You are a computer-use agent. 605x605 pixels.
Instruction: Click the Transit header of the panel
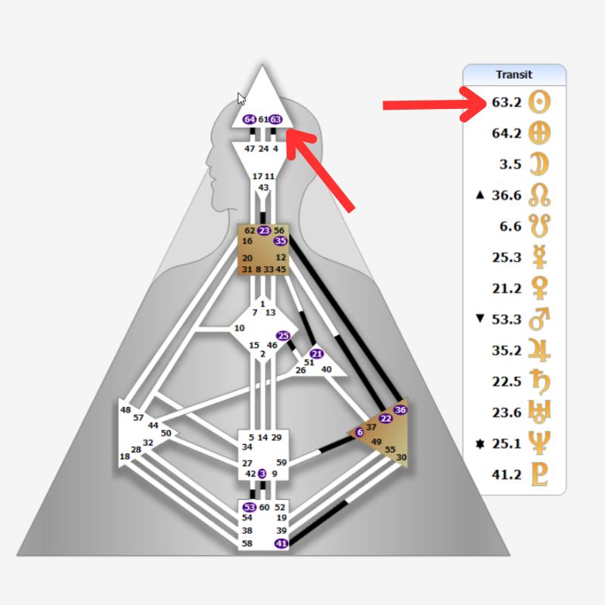pyautogui.click(x=514, y=74)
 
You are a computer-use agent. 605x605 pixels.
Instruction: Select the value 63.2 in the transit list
pyautogui.click(x=506, y=101)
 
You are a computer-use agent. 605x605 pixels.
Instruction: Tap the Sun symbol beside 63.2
pyautogui.click(x=539, y=101)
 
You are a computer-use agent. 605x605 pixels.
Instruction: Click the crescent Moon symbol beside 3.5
pyautogui.click(x=539, y=164)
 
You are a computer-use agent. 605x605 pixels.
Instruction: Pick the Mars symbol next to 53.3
pyautogui.click(x=539, y=318)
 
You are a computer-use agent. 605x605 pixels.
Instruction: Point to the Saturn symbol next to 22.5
pyautogui.click(x=539, y=380)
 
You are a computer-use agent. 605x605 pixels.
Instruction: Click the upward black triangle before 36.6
pyautogui.click(x=479, y=195)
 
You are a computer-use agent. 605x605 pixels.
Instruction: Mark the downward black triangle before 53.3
pyautogui.click(x=479, y=318)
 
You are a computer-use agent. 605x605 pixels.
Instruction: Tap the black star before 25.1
pyautogui.click(x=479, y=442)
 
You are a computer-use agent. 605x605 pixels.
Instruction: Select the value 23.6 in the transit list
pyautogui.click(x=506, y=412)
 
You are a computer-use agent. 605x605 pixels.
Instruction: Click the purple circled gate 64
pyautogui.click(x=250, y=119)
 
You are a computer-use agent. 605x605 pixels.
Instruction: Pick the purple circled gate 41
pyautogui.click(x=281, y=543)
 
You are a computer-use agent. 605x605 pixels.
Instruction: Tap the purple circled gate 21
pyautogui.click(x=317, y=354)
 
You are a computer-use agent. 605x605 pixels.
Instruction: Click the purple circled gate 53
pyautogui.click(x=250, y=507)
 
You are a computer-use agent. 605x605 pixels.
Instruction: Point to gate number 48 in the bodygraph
pyautogui.click(x=126, y=410)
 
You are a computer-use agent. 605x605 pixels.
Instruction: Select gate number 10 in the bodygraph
pyautogui.click(x=240, y=328)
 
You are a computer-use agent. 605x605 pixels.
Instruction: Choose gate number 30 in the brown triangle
pyautogui.click(x=401, y=457)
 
